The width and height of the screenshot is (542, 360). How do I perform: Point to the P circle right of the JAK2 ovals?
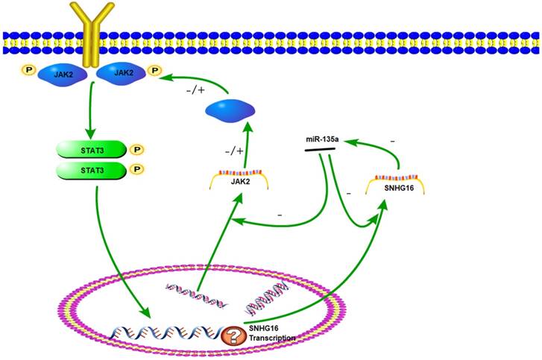click(154, 71)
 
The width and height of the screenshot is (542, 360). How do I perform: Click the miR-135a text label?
click(323, 139)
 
